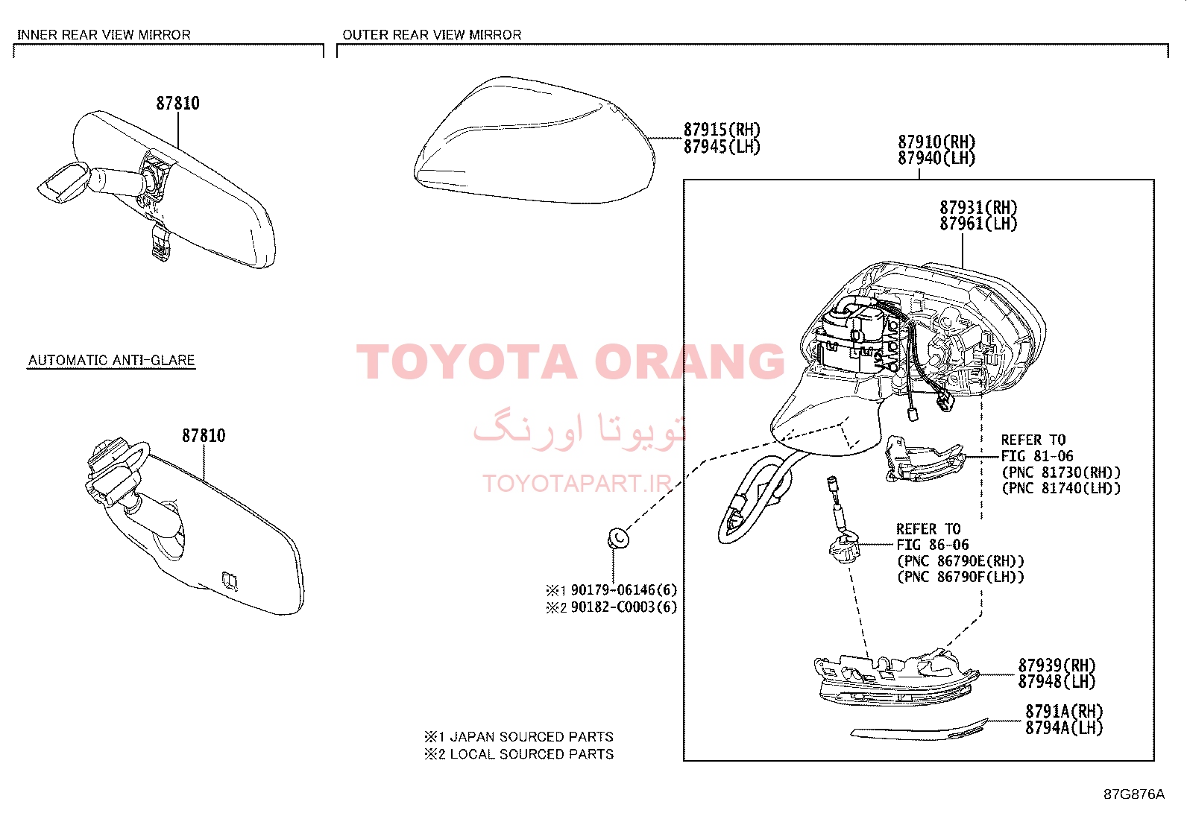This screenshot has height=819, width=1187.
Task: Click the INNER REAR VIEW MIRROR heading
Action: click(104, 35)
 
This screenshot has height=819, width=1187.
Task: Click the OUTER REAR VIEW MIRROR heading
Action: click(432, 35)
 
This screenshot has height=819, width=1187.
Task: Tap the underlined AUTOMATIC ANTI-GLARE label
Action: click(111, 360)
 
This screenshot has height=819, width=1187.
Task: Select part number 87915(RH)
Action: click(722, 129)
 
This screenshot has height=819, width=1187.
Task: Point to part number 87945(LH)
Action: click(722, 147)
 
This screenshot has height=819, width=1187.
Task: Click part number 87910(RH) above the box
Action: click(936, 142)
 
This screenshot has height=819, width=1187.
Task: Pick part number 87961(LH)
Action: click(978, 224)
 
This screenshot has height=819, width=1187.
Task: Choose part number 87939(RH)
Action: click(1057, 665)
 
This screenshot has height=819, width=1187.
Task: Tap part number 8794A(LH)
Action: click(1064, 728)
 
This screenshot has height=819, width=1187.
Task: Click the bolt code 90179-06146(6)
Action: click(624, 589)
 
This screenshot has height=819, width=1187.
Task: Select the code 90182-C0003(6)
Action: click(624, 607)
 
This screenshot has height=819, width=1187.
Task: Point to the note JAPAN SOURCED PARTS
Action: click(532, 737)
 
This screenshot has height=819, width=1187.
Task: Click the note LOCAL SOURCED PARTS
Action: click(532, 754)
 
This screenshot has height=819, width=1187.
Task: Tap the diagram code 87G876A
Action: click(1134, 794)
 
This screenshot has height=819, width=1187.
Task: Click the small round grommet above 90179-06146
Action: click(618, 538)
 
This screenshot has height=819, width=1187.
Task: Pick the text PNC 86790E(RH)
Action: click(960, 561)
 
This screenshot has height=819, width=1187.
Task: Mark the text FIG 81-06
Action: click(1037, 456)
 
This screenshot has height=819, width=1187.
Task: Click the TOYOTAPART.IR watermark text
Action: click(577, 484)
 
